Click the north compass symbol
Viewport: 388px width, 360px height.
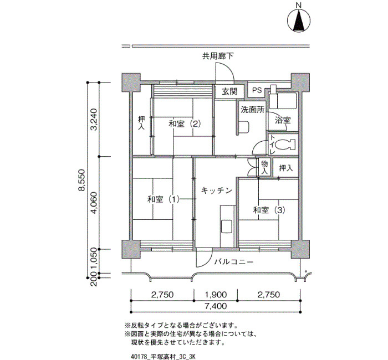(x=299, y=20)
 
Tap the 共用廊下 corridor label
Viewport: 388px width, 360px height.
(x=218, y=56)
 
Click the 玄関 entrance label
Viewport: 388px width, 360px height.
(x=229, y=91)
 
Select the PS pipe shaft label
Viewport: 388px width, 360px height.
(x=257, y=90)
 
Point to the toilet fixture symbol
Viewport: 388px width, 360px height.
(x=285, y=145)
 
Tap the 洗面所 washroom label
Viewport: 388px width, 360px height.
(x=253, y=110)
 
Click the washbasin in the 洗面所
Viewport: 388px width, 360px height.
(x=244, y=126)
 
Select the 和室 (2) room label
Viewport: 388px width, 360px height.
(x=185, y=124)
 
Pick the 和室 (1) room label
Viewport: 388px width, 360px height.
(x=164, y=199)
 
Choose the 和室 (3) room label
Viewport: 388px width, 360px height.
(x=269, y=210)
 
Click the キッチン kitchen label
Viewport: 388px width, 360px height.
(x=217, y=191)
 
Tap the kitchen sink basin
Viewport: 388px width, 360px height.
(x=226, y=226)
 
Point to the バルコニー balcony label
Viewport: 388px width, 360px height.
(x=234, y=261)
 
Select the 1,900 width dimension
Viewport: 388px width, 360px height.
(x=216, y=295)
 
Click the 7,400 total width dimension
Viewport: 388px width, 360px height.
(x=216, y=306)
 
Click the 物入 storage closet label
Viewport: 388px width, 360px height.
(x=264, y=167)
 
